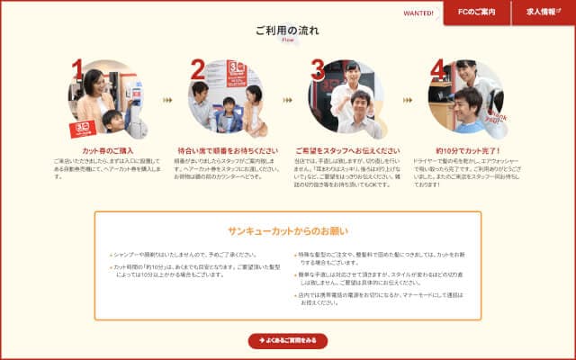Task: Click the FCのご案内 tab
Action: [476, 13]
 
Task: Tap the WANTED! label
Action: [418, 13]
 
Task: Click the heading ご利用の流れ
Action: [288, 30]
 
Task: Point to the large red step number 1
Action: [78, 68]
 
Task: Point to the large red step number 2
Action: [197, 68]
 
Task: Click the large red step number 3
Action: [318, 68]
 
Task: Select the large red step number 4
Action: [437, 68]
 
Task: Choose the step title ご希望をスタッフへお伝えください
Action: [348, 150]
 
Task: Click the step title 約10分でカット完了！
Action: [468, 150]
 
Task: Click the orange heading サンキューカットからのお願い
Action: [288, 231]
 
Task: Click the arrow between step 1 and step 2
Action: [167, 100]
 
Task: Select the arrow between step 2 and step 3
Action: [287, 100]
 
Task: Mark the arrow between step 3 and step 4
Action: [408, 100]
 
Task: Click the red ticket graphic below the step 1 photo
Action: [84, 128]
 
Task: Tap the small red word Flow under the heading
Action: [288, 40]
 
